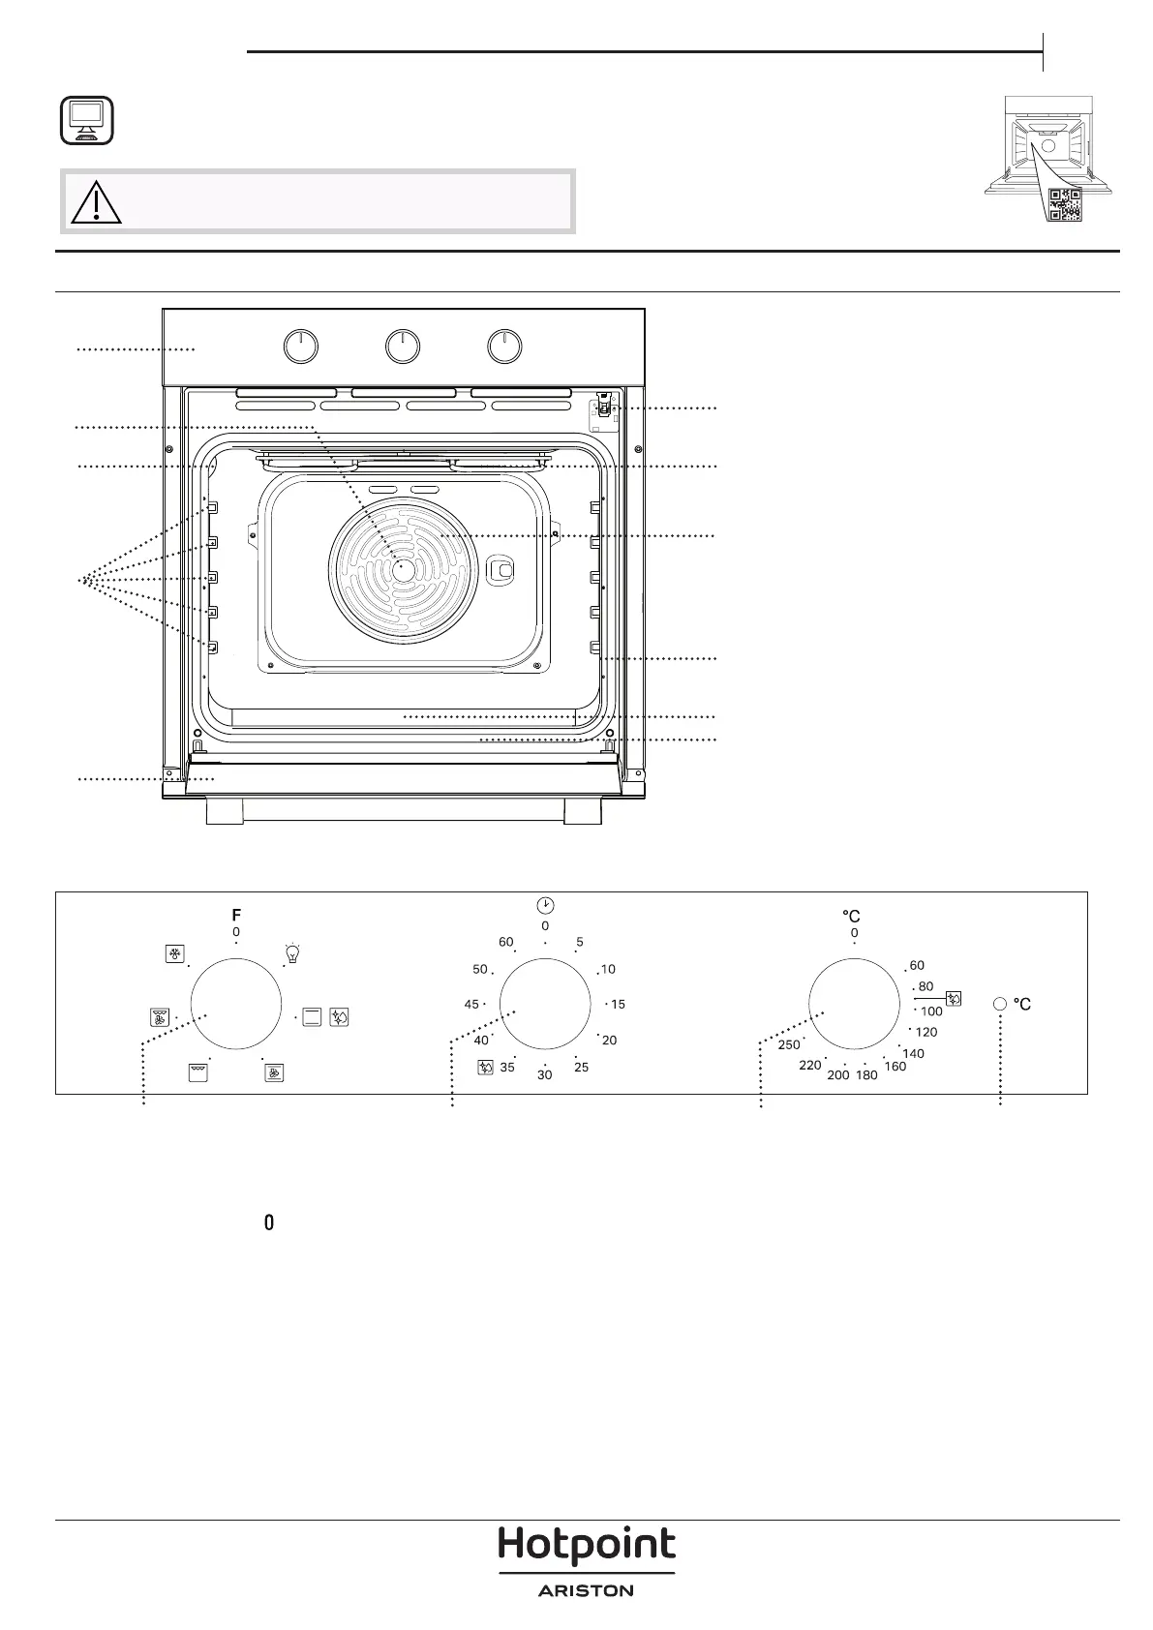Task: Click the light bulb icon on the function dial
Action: click(x=292, y=952)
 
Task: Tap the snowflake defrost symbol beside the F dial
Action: click(x=174, y=954)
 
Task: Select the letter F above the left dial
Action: click(x=236, y=916)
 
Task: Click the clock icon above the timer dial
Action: click(x=545, y=905)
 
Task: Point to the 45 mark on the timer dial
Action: click(x=471, y=1004)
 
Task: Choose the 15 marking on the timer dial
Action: click(x=618, y=1004)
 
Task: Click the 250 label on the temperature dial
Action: click(x=789, y=1045)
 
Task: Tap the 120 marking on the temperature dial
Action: click(x=926, y=1032)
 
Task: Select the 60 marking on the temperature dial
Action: click(x=917, y=965)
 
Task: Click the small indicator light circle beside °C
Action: click(x=1000, y=1004)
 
